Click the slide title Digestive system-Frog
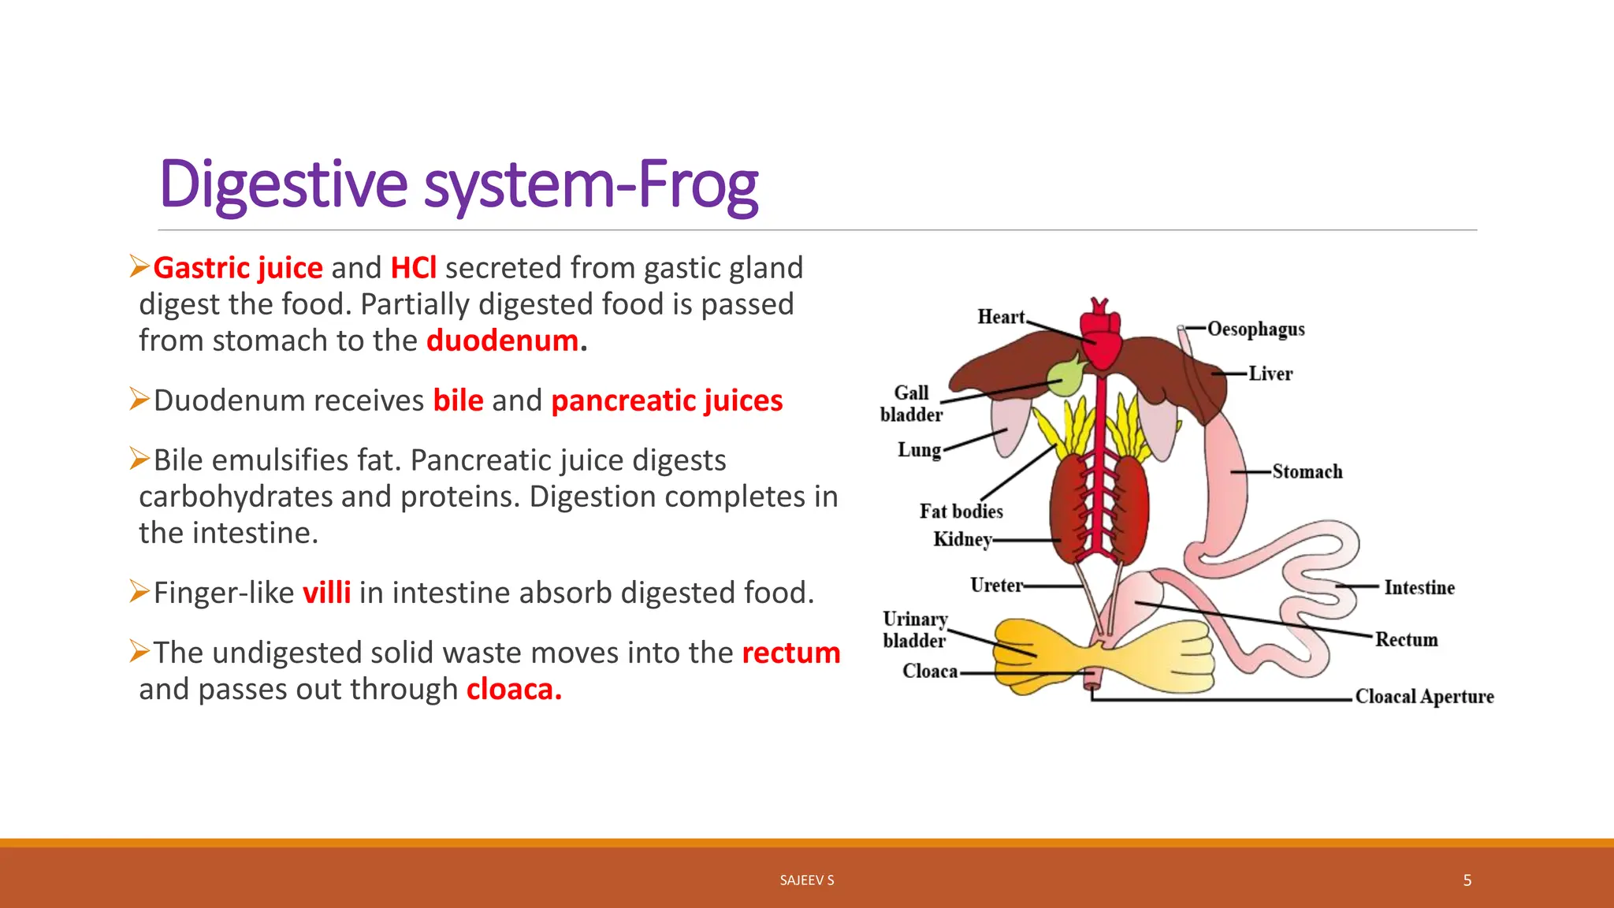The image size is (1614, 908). point(459,185)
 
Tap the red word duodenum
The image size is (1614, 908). point(503,340)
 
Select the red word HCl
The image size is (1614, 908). point(413,268)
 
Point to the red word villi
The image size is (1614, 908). point(326,593)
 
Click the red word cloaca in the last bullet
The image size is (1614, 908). point(513,690)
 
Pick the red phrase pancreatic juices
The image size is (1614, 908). point(667,400)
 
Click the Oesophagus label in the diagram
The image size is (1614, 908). point(1255,329)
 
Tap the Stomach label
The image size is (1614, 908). point(1307,471)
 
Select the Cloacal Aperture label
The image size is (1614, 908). point(1424,697)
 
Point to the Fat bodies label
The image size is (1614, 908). point(961,512)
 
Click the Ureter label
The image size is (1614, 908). point(996,585)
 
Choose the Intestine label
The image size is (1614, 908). point(1419,587)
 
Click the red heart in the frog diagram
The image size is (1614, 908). point(1099,339)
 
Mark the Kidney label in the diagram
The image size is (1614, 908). point(961,539)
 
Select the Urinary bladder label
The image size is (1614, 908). point(914,629)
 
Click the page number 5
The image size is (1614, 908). point(1467,880)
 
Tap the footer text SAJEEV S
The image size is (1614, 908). point(806,880)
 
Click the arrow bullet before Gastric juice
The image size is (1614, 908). point(139,266)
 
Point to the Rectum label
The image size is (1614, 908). point(1406,639)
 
